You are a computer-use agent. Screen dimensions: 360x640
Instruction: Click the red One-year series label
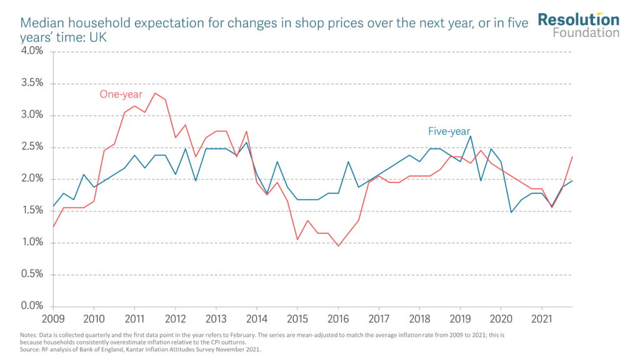click(121, 94)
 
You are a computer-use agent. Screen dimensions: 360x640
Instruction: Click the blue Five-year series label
click(449, 131)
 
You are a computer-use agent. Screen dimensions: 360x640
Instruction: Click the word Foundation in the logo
click(586, 32)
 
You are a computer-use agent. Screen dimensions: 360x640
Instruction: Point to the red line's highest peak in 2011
click(155, 93)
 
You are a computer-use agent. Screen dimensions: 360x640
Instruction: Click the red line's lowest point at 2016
click(338, 246)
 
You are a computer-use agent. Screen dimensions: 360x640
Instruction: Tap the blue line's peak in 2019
click(471, 136)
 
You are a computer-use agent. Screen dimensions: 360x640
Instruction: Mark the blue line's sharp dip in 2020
click(511, 212)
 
